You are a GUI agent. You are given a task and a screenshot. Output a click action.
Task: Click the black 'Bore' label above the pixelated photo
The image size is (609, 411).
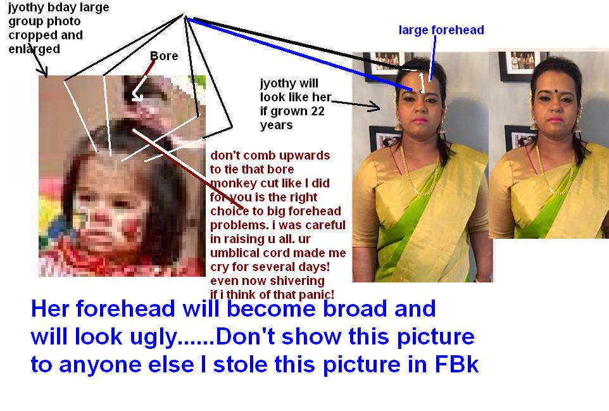coord(164,56)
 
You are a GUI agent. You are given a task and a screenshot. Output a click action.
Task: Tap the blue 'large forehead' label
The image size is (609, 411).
coord(441,30)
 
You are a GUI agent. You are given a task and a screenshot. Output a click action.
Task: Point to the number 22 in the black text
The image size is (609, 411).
coord(318,111)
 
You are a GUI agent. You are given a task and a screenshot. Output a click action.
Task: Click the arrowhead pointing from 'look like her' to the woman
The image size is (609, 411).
coord(376,106)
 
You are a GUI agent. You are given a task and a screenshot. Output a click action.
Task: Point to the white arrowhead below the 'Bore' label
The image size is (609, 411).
coord(136,96)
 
